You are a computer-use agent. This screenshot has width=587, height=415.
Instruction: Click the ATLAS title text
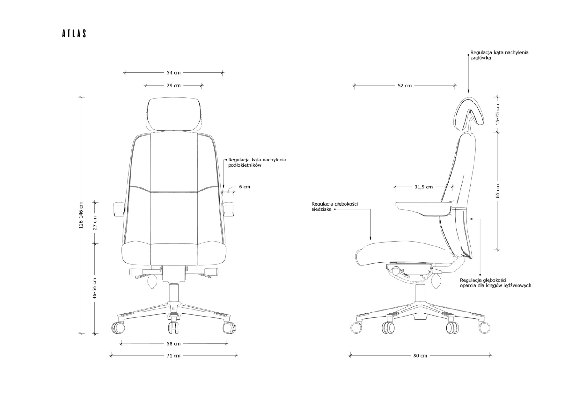[74, 34]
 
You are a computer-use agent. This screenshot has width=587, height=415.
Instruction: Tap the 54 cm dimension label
[173, 73]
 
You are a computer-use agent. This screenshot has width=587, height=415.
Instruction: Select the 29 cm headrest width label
[173, 86]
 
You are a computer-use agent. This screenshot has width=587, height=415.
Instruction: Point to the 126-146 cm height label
[81, 215]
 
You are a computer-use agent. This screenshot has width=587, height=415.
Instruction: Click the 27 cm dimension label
[95, 223]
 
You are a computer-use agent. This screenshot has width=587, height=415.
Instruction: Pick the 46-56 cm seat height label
[95, 288]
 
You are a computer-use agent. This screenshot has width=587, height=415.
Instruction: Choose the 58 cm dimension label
[173, 344]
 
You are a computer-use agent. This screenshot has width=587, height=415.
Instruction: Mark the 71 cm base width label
[173, 356]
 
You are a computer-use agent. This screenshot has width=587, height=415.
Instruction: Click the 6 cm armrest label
[245, 187]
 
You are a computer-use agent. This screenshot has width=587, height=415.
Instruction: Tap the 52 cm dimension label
[404, 86]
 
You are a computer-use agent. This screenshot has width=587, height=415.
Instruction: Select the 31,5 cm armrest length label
[423, 187]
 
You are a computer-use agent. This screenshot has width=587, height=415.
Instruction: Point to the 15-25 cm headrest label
[497, 115]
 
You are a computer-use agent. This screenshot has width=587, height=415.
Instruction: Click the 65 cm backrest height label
[497, 191]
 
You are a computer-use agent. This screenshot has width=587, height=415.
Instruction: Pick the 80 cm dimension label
[420, 356]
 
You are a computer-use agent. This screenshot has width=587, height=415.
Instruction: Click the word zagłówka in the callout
[481, 58]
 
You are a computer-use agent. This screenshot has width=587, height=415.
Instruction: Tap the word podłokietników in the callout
[245, 165]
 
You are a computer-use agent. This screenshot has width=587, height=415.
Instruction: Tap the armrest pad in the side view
[423, 205]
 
